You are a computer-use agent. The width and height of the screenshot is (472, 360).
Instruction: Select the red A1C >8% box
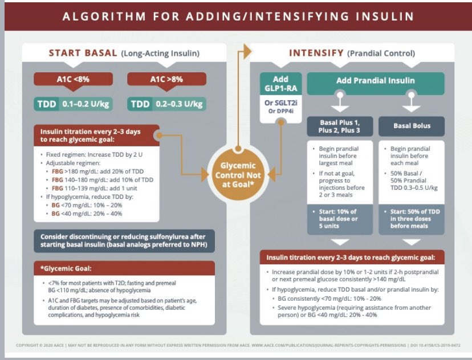(x=166, y=80)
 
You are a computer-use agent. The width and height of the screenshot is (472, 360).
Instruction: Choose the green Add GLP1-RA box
(x=280, y=84)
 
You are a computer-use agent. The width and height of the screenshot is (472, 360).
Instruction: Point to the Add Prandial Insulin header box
(x=376, y=80)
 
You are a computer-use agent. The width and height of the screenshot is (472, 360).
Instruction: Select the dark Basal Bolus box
(x=412, y=125)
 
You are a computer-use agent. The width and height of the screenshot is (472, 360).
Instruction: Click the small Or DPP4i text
(x=280, y=111)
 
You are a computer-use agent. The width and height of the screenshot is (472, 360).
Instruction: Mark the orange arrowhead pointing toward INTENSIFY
(x=246, y=52)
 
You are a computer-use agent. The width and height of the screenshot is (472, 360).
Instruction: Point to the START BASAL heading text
(x=83, y=54)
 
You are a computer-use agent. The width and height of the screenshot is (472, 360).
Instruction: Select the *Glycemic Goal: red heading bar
(x=123, y=268)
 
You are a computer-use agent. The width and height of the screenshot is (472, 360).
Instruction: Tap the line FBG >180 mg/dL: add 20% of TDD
(x=97, y=170)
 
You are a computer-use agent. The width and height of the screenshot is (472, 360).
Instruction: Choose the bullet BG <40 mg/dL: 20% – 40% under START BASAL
(x=87, y=214)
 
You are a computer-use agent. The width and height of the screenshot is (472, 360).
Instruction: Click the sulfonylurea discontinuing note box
(x=123, y=241)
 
